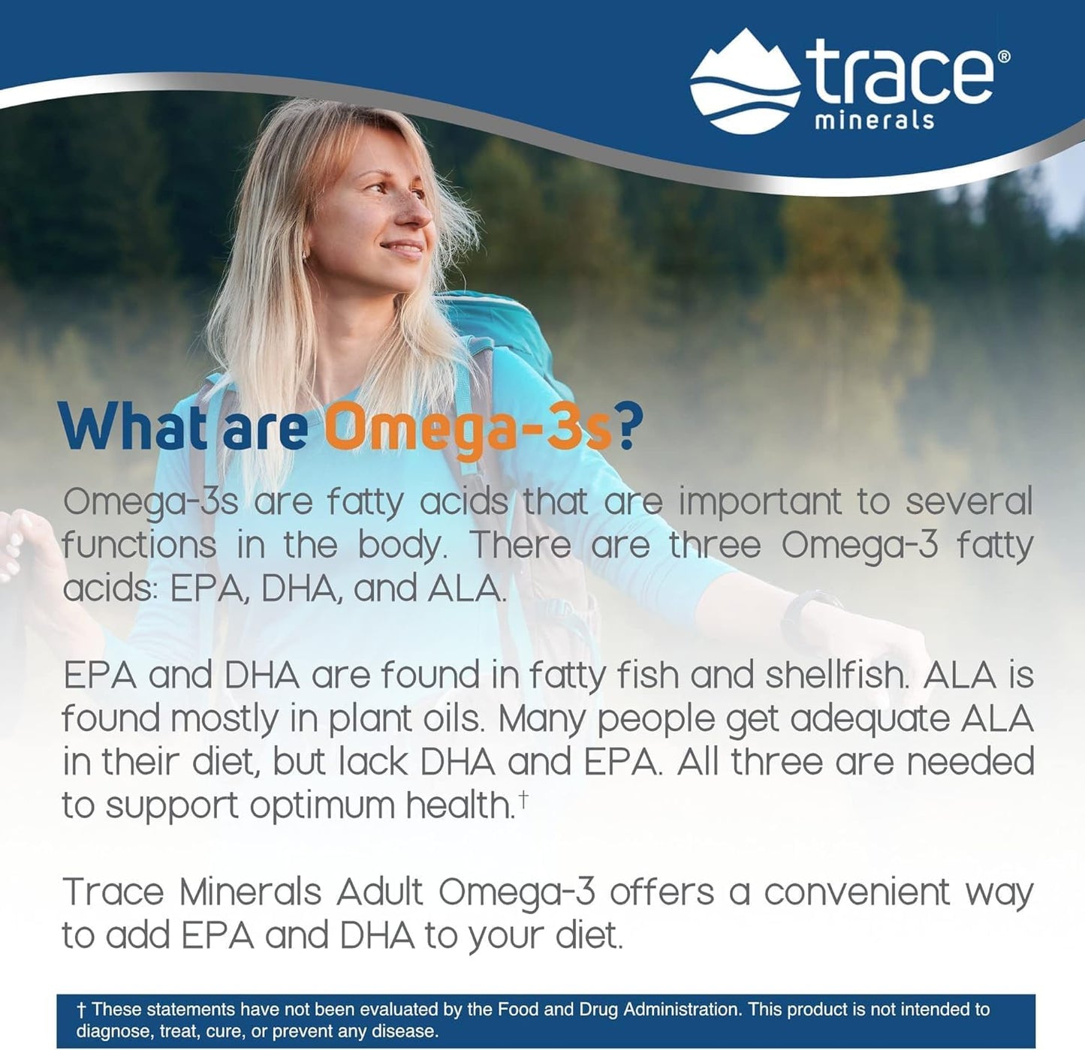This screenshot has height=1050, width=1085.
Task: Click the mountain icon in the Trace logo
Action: coord(743,81)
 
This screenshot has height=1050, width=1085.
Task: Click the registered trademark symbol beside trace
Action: coord(1003,56)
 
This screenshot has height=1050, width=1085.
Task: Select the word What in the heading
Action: coord(133,428)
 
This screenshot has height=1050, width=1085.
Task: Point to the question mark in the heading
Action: coord(629,428)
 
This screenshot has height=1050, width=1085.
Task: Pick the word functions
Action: coord(139,546)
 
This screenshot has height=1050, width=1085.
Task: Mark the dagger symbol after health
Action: coord(523,799)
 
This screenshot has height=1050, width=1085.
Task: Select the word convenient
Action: coord(857,893)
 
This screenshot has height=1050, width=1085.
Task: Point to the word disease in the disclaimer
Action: coord(411,1031)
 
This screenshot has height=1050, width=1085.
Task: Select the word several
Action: coord(969,502)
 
